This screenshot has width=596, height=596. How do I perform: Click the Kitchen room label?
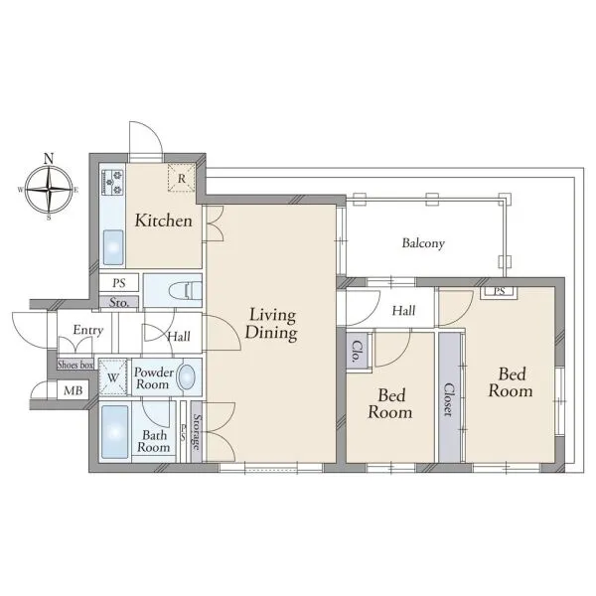coord(164,221)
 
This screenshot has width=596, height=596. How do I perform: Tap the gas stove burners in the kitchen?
coord(112,182)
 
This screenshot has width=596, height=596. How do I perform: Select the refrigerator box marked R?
coord(182,178)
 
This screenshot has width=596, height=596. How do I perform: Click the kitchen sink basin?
coord(113,247)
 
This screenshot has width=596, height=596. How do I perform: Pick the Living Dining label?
coord(271,324)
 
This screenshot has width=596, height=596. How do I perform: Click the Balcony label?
coord(423,243)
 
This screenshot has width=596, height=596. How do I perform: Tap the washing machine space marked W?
coord(112,377)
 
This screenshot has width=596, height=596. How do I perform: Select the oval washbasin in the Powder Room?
coord(187,377)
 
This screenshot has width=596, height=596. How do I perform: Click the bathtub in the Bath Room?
coord(115,432)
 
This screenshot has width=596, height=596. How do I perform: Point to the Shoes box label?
coord(75,365)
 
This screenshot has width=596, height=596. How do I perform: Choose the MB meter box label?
coord(73,390)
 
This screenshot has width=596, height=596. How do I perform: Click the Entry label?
coord(88,330)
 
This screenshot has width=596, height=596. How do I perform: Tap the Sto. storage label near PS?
coord(118,302)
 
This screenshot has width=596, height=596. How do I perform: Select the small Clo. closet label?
coord(358,352)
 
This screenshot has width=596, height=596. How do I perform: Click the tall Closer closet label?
coord(449,400)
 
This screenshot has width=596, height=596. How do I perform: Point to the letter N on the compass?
coord(49,159)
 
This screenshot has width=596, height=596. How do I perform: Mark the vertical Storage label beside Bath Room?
coord(197,432)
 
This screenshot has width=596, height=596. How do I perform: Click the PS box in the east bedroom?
coord(499,291)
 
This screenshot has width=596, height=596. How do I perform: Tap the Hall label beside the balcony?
coord(403,311)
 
